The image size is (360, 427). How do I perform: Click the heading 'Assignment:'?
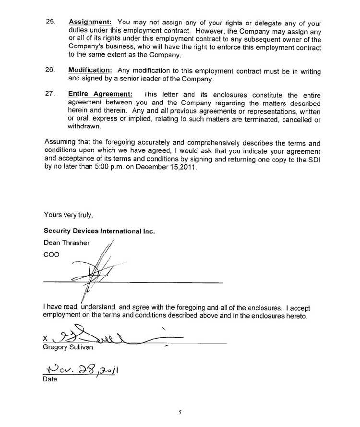coord(90,22)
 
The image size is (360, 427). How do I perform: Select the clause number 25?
coord(49,22)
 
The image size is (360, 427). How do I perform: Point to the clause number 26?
coord(49,70)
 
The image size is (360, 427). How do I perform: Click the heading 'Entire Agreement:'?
coord(101,95)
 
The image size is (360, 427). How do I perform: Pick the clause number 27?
coord(49,95)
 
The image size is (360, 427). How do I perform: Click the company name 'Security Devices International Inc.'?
coord(99,231)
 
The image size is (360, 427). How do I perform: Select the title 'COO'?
coord(51,255)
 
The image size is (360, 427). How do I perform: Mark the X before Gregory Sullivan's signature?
coord(46,339)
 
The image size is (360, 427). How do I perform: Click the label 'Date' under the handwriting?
coord(50,379)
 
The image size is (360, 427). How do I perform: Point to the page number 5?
coord(180,412)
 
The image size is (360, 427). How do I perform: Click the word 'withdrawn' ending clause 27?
coord(84,127)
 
